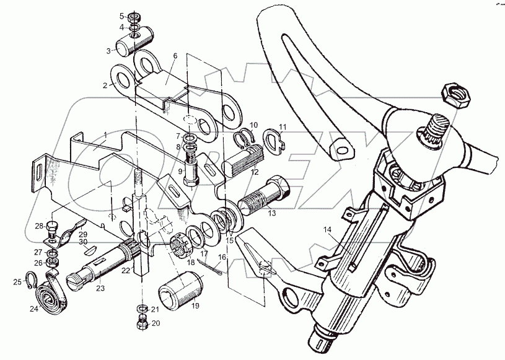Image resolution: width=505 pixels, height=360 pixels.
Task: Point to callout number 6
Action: click(175, 56)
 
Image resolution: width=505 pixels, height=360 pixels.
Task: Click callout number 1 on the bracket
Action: click(105, 135)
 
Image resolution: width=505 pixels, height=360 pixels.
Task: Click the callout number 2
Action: click(106, 86)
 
